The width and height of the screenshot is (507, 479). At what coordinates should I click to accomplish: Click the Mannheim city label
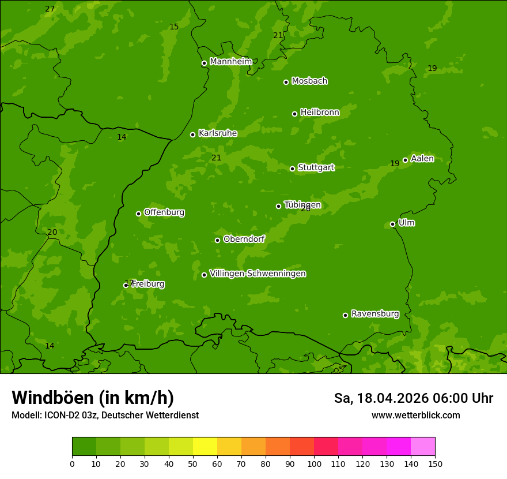pyautogui.click(x=231, y=62)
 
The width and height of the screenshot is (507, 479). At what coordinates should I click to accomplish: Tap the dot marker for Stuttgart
pyautogui.click(x=292, y=169)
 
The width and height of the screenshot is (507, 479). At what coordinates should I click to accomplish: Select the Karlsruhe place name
pyautogui.click(x=217, y=133)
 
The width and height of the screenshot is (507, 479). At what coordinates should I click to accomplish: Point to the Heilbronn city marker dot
pyautogui.click(x=294, y=114)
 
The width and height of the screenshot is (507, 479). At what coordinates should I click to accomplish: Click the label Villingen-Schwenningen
pyautogui.click(x=258, y=274)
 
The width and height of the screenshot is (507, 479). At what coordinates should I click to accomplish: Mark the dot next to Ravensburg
pyautogui.click(x=345, y=315)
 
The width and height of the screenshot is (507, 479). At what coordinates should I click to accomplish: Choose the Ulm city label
pyautogui.click(x=406, y=223)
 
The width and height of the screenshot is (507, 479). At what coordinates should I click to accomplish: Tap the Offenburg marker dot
pyautogui.click(x=138, y=214)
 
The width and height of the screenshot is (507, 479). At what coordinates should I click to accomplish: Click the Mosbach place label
pyautogui.click(x=309, y=81)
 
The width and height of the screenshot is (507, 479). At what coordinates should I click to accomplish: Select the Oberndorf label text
pyautogui.click(x=244, y=239)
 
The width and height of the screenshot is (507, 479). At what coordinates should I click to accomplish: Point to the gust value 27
pyautogui.click(x=50, y=9)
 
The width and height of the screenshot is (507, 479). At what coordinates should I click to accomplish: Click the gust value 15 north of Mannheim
pyautogui.click(x=174, y=27)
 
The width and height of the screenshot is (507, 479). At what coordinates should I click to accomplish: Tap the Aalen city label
pyautogui.click(x=422, y=159)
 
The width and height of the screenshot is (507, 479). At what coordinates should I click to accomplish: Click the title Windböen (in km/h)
pyautogui.click(x=93, y=398)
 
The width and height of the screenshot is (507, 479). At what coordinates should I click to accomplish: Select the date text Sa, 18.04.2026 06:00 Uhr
pyautogui.click(x=413, y=398)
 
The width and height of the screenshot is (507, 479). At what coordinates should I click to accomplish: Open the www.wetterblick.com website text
pyautogui.click(x=415, y=415)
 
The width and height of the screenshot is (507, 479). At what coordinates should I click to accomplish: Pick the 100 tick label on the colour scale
pyautogui.click(x=314, y=463)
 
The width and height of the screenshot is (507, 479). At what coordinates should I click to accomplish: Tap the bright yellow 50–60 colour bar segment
pyautogui.click(x=205, y=447)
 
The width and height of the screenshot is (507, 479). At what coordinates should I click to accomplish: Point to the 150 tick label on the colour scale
pyautogui.click(x=435, y=463)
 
